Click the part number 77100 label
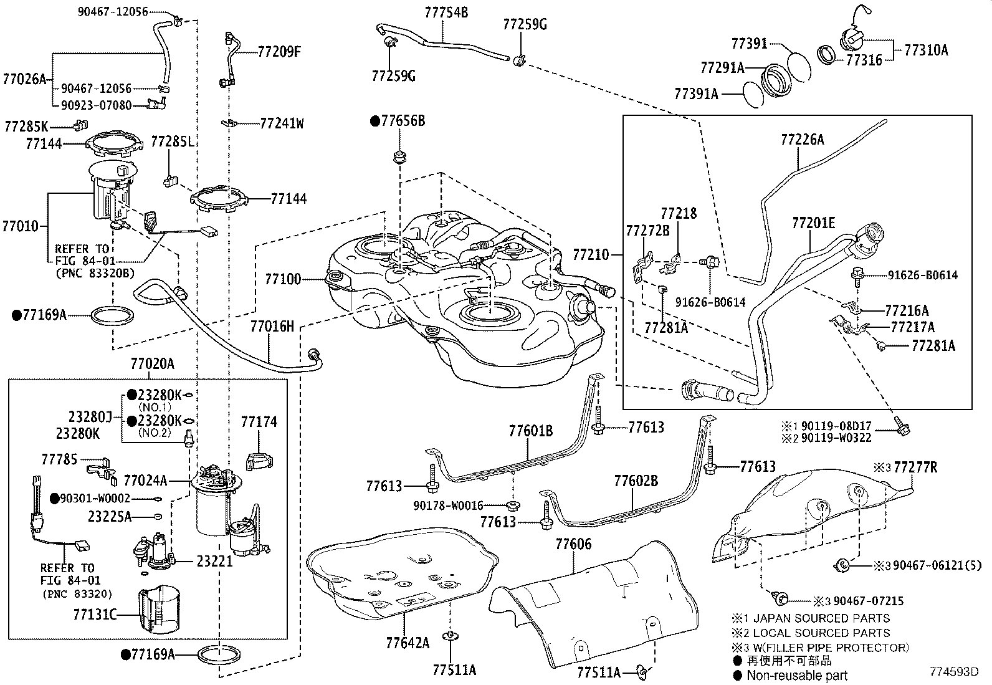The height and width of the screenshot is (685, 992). tap(283, 279)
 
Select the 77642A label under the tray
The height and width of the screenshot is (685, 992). tap(408, 643)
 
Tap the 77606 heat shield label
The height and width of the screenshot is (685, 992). tap(573, 544)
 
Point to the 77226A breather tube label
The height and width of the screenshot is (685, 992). tap(802, 140)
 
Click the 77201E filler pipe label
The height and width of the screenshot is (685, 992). tap(813, 223)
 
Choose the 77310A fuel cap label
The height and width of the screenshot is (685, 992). tap(926, 50)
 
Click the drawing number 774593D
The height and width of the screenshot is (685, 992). tap(954, 672)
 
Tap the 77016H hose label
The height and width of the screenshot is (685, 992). tap(272, 326)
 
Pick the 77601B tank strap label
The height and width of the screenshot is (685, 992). tap(530, 431)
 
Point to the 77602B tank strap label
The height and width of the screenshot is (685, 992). tap(636, 481)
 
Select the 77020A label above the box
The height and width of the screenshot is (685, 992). tap(153, 364)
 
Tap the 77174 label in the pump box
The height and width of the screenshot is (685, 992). tap(259, 422)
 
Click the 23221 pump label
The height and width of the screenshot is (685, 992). tap(214, 561)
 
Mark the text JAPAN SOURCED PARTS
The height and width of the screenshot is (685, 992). tap(821, 618)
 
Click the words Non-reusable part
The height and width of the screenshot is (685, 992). tap(797, 675)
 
